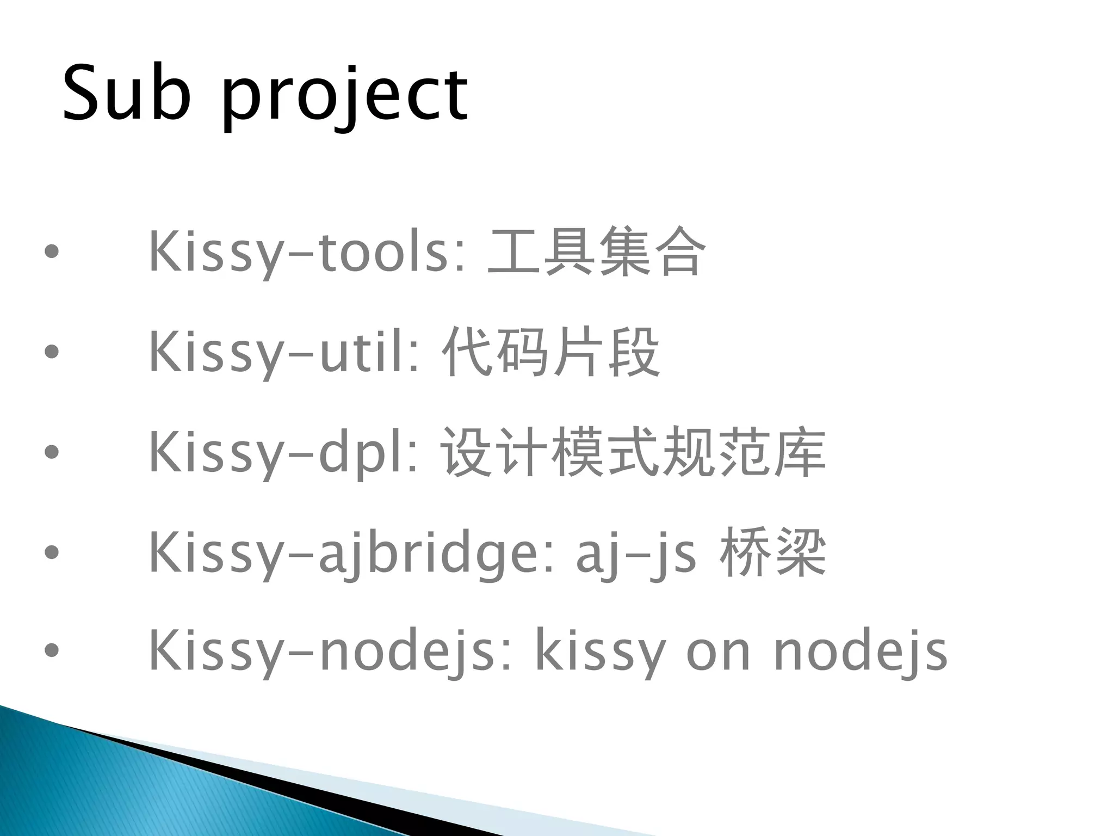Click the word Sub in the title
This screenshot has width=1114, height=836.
pyautogui.click(x=126, y=93)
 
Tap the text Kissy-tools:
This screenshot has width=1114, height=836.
pyautogui.click(x=307, y=252)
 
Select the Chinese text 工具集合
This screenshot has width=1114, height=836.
pyautogui.click(x=597, y=252)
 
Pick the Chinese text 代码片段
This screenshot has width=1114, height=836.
pyautogui.click(x=550, y=352)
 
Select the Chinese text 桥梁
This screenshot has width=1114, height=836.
pyautogui.click(x=772, y=553)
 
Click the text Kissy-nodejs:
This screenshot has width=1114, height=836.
pyautogui.click(x=330, y=651)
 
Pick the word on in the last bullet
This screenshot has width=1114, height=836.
pyautogui.click(x=718, y=653)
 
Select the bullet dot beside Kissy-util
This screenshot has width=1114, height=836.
pyautogui.click(x=51, y=352)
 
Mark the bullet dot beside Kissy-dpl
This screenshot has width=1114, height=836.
pyautogui.click(x=51, y=452)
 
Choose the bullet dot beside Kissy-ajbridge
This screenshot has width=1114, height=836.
pyautogui.click(x=51, y=552)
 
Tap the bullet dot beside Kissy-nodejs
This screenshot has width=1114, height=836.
pyautogui.click(x=51, y=650)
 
